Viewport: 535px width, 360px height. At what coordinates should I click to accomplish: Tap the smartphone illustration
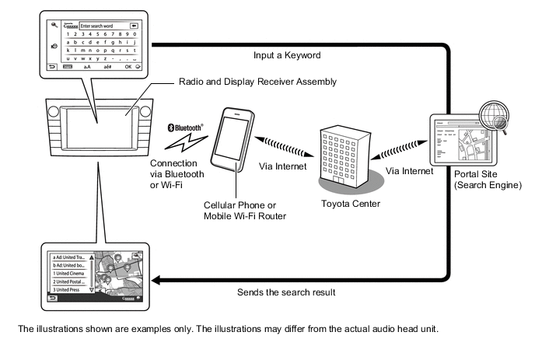(237, 141)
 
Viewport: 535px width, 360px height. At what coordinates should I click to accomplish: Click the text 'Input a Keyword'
(287, 56)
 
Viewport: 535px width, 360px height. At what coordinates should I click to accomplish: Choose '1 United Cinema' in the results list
(68, 274)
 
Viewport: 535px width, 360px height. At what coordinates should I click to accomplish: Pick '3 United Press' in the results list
(67, 290)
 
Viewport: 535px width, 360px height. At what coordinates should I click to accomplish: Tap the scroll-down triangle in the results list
(93, 289)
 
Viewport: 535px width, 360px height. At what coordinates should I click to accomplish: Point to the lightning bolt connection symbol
(187, 142)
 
